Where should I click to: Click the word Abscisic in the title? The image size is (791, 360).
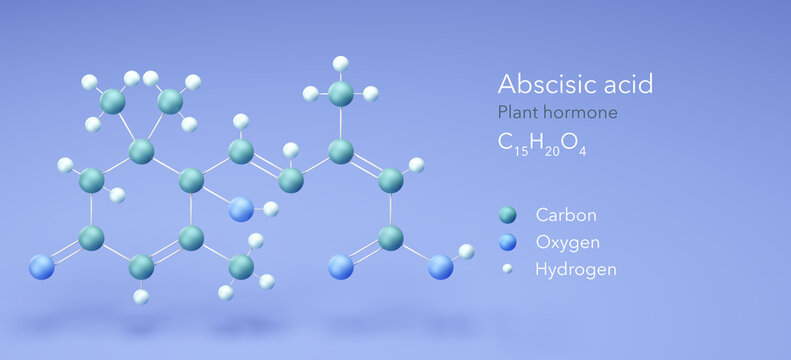coord(539,84)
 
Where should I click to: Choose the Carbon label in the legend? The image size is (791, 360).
coord(566,214)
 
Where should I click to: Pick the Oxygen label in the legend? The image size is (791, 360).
coord(568,241)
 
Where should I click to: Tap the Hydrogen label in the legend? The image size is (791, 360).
coord(575,269)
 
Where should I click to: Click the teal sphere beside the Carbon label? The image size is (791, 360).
coord(508,214)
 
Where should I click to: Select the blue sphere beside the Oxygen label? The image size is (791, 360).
coord(508,242)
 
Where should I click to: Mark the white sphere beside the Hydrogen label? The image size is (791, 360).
coord(508,269)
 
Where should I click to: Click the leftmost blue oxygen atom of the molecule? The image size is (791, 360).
coord(41,267)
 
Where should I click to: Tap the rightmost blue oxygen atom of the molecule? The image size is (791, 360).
coord(441,267)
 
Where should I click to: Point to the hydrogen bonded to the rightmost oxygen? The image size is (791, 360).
coord(466,251)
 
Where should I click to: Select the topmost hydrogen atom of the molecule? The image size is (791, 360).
coord(341,63)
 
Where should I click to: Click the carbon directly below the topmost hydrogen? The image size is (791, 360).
coord(341,94)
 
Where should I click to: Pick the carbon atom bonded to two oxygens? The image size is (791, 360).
coord(391,238)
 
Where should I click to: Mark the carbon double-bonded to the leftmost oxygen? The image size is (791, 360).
coord(91,238)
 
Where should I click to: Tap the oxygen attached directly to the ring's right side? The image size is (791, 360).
coord(241,209)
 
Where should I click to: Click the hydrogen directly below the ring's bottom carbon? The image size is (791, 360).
coord(141,296)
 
